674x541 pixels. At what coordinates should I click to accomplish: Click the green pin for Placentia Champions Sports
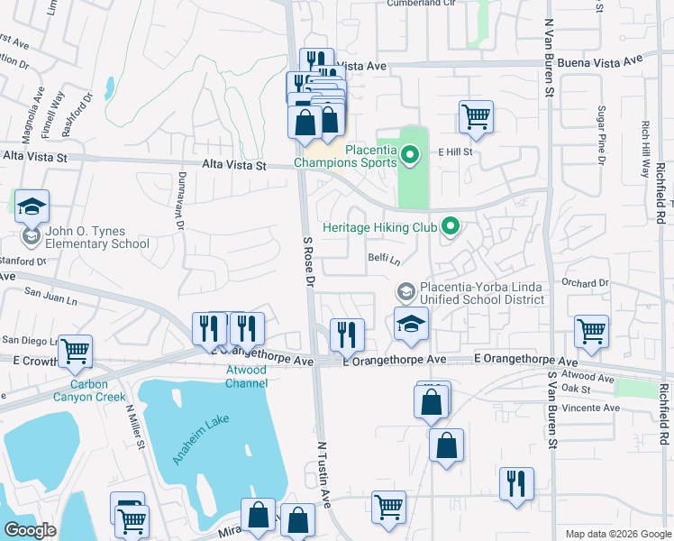tap(411, 157)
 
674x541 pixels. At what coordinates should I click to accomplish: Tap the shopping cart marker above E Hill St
tap(476, 116)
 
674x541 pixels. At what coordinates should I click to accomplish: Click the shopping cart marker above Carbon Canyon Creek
tap(75, 350)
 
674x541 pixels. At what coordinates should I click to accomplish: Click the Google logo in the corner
tap(30, 530)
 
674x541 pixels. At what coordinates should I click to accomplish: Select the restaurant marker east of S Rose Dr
tap(346, 335)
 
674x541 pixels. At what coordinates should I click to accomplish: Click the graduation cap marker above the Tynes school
tap(32, 206)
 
